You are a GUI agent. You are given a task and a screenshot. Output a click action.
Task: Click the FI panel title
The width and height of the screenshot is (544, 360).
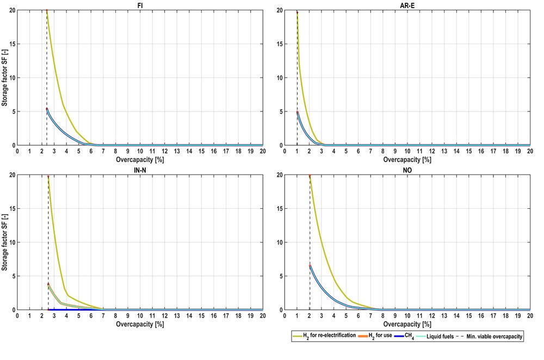tap(140, 5)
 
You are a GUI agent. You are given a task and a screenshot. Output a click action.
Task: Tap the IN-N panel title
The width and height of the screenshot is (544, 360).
tap(140, 170)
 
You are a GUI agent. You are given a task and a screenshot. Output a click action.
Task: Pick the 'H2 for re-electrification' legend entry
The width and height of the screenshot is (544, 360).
tap(324, 337)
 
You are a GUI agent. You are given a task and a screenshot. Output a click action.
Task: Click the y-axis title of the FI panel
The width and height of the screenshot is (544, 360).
tap(4, 78)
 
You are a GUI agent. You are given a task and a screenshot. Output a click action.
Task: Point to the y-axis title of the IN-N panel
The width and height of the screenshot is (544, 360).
tap(4, 242)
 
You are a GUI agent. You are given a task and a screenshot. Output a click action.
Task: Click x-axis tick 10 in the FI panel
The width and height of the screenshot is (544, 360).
tap(140, 152)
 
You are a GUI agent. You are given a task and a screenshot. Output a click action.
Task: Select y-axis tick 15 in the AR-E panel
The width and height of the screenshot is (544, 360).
tap(279, 44)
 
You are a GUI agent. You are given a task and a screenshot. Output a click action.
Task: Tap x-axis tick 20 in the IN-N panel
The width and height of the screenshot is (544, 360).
tap(262, 316)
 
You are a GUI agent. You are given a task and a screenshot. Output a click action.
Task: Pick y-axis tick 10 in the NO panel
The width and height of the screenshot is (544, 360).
tap(279, 242)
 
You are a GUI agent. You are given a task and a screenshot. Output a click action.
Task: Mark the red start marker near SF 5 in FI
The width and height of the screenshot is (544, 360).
tap(47, 109)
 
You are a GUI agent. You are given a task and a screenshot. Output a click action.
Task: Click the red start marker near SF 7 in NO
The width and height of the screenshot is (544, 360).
tap(310, 265)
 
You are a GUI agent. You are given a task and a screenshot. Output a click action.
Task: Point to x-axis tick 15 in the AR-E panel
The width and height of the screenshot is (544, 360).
tap(469, 152)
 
